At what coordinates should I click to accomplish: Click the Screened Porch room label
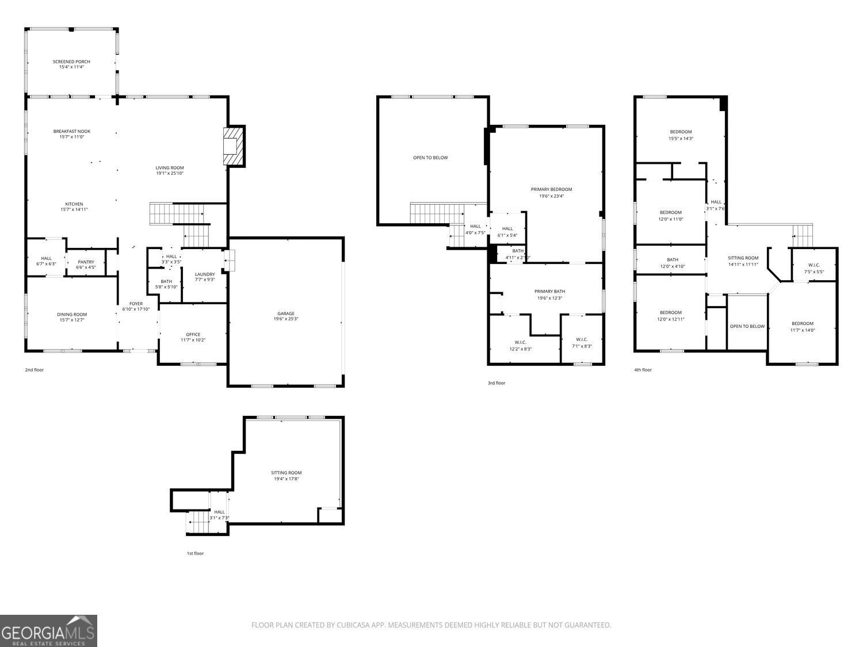pyautogui.click(x=71, y=62)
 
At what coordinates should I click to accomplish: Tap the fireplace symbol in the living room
pyautogui.click(x=232, y=146)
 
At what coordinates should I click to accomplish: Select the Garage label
pyautogui.click(x=286, y=313)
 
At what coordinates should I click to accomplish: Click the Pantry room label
pyautogui.click(x=86, y=262)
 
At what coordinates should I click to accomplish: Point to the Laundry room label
pyautogui.click(x=205, y=274)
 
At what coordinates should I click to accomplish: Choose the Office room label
pyautogui.click(x=193, y=335)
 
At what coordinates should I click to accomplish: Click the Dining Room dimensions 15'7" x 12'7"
pyautogui.click(x=72, y=320)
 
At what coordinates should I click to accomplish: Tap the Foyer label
pyautogui.click(x=136, y=304)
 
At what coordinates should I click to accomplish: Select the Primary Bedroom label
pyautogui.click(x=551, y=189)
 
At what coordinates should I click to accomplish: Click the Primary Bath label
pyautogui.click(x=550, y=292)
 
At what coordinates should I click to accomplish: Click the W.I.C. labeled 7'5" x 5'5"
pyautogui.click(x=814, y=265)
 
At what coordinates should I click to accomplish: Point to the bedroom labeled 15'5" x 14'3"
pyautogui.click(x=681, y=132)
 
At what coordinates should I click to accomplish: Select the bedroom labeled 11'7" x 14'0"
pyautogui.click(x=802, y=323)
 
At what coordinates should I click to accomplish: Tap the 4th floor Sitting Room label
pyautogui.click(x=743, y=258)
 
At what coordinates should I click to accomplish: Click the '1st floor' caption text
pyautogui.click(x=195, y=553)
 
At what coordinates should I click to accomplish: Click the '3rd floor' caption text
pyautogui.click(x=496, y=383)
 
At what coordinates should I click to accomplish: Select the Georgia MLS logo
pyautogui.click(x=48, y=631)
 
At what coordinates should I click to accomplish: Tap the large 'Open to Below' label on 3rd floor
pyautogui.click(x=430, y=158)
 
